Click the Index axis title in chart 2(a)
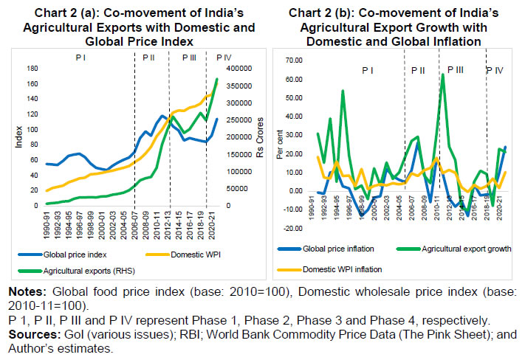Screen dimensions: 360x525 click(20, 137)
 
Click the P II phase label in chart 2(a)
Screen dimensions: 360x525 click(148, 57)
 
